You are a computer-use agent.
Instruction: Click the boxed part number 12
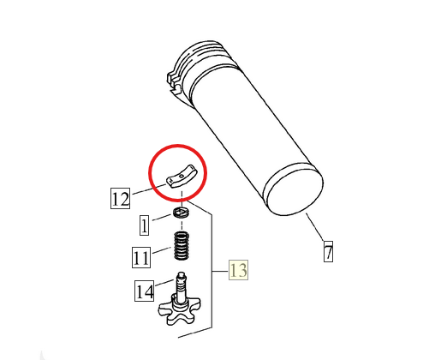pyautogui.click(x=120, y=198)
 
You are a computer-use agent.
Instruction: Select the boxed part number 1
pyautogui.click(x=144, y=225)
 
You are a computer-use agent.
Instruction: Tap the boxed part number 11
pyautogui.click(x=141, y=257)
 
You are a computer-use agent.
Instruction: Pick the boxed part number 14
pyautogui.click(x=145, y=291)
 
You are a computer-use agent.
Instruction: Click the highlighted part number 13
pyautogui.click(x=238, y=270)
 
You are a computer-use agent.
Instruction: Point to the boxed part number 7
pyautogui.click(x=328, y=251)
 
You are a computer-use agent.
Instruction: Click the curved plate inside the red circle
pyautogui.click(x=181, y=177)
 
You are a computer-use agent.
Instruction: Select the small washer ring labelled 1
pyautogui.click(x=182, y=213)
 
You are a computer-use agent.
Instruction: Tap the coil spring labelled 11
pyautogui.click(x=182, y=246)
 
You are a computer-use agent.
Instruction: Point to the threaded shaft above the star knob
pyautogui.click(x=182, y=287)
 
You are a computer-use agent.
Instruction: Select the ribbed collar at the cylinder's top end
pyautogui.click(x=204, y=62)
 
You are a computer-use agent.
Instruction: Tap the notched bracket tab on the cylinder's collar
pyautogui.click(x=174, y=82)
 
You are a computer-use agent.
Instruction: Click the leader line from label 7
pyautogui.click(x=315, y=227)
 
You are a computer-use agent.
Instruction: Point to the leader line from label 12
pyautogui.click(x=149, y=189)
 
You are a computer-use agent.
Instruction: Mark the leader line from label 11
pyautogui.click(x=162, y=250)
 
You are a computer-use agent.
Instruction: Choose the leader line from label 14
pyautogui.click(x=164, y=283)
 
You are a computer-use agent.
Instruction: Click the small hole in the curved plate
pyautogui.click(x=182, y=177)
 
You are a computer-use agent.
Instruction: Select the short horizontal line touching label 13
pyautogui.click(x=220, y=271)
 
